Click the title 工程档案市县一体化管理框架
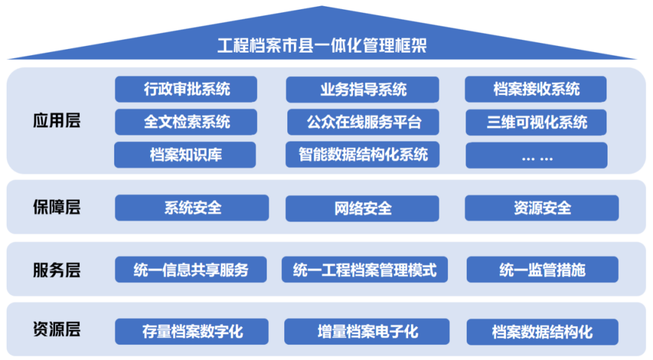click(x=322, y=46)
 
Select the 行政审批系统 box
click(x=186, y=90)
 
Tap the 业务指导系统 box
click(x=363, y=90)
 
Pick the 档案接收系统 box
click(x=536, y=90)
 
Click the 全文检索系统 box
click(x=186, y=122)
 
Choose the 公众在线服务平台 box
click(x=363, y=122)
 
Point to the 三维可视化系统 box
click(x=536, y=122)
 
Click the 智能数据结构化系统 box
click(x=363, y=154)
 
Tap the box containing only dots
click(x=536, y=155)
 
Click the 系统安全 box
click(x=192, y=208)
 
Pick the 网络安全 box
click(x=362, y=208)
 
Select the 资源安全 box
click(x=542, y=208)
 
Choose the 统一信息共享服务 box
click(x=191, y=269)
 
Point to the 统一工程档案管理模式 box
click(x=365, y=269)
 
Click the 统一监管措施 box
click(x=542, y=269)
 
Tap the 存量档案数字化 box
click(x=192, y=332)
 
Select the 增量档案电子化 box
click(x=367, y=332)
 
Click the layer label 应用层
click(x=56, y=120)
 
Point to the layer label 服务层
click(x=56, y=270)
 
